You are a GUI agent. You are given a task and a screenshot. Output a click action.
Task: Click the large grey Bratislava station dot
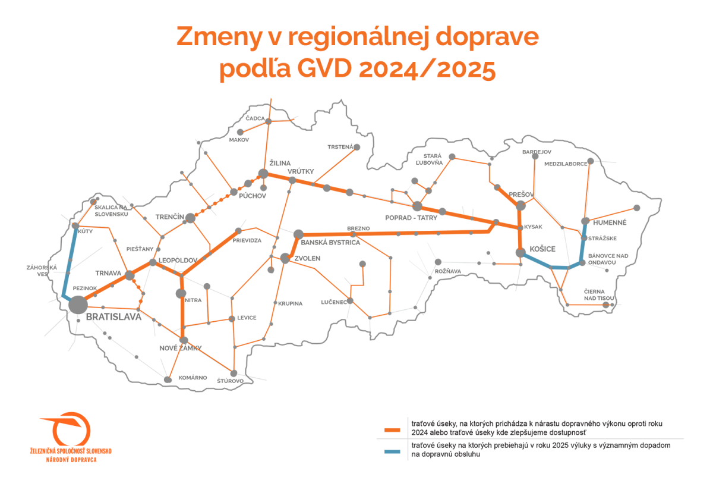77,305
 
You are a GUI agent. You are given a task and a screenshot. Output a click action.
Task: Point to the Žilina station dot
264,174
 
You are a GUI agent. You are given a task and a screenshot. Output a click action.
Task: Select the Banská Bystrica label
330,243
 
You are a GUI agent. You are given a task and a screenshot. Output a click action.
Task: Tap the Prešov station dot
521,206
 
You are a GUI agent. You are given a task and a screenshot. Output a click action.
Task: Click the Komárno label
193,378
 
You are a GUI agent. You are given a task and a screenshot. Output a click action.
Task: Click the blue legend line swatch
393,451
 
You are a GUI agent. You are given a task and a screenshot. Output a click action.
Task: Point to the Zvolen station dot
285,258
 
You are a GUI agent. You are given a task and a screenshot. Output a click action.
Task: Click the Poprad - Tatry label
411,218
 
